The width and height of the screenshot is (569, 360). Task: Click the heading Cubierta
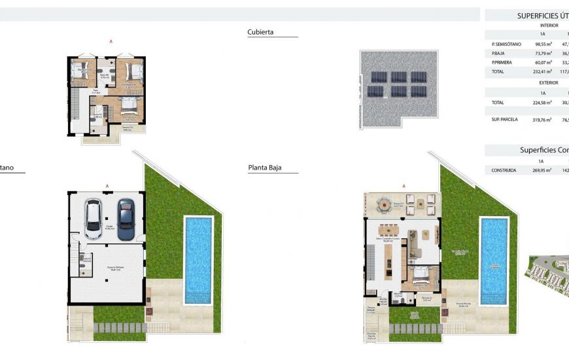tap(260, 31)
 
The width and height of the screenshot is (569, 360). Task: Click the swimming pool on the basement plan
tap(198, 259)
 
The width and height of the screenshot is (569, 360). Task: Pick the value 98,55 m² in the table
tap(542, 44)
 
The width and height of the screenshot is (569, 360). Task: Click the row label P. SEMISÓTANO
tap(506, 44)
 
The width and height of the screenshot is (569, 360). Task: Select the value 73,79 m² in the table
tap(542, 53)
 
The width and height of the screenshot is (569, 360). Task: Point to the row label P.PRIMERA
tap(502, 62)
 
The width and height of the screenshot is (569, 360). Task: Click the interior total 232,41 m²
tap(542, 71)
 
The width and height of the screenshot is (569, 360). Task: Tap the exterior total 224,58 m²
tap(542, 103)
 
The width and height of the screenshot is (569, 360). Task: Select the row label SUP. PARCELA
tap(504, 120)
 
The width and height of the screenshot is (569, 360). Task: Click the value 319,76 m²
tap(542, 120)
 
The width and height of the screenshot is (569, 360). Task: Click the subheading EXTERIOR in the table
tap(549, 82)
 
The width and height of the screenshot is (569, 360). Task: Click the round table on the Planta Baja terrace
tap(383, 206)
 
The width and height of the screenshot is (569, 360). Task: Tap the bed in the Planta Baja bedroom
tap(420, 275)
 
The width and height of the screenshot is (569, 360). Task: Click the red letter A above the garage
tap(107, 186)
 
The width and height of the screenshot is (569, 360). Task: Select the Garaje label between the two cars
tap(109, 227)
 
